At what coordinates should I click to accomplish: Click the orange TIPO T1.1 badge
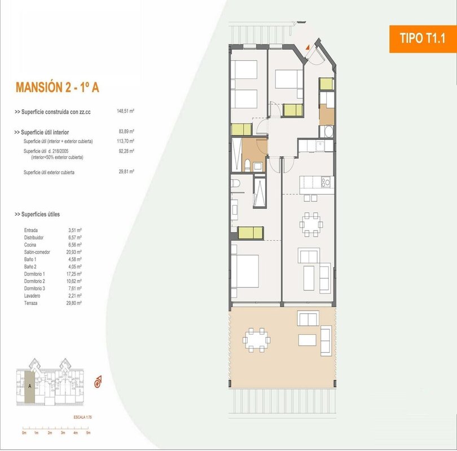pos(423,39)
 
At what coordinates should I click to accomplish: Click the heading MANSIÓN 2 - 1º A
pos(58,87)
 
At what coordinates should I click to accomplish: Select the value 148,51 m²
pos(125,111)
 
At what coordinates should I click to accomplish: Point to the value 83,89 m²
pos(126,131)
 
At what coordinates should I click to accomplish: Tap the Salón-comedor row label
pos(37,252)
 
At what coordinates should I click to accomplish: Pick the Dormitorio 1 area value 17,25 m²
pos(74,274)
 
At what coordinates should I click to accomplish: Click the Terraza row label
pos(30,303)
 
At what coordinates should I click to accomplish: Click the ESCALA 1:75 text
pos(83,417)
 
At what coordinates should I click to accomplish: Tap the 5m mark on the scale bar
pos(89,432)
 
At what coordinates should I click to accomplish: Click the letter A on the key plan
pos(30,386)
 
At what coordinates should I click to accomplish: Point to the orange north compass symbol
pos(98,382)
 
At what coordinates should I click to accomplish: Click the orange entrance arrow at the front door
pos(307,47)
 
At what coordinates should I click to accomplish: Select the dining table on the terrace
pos(257,340)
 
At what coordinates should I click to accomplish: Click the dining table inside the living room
pos(311,224)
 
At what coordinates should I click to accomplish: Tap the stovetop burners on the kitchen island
pos(326,182)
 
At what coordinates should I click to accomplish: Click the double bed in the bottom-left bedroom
pos(245,271)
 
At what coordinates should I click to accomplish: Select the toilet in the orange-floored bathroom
pos(248,165)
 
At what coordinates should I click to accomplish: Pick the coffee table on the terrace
pos(307,340)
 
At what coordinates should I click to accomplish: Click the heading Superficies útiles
pos(37,214)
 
